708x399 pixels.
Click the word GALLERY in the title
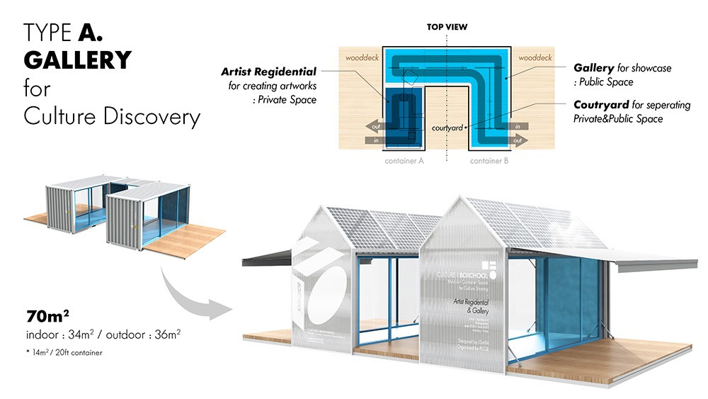click(78, 60)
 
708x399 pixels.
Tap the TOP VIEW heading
click(447, 27)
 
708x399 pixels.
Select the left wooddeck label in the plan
click(358, 56)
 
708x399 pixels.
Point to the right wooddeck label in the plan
click(536, 56)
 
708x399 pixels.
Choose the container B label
click(490, 161)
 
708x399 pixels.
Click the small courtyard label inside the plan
click(447, 128)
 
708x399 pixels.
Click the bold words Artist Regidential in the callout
click(268, 72)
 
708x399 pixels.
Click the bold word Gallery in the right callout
click(593, 68)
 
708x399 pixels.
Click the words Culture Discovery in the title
click(111, 116)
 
